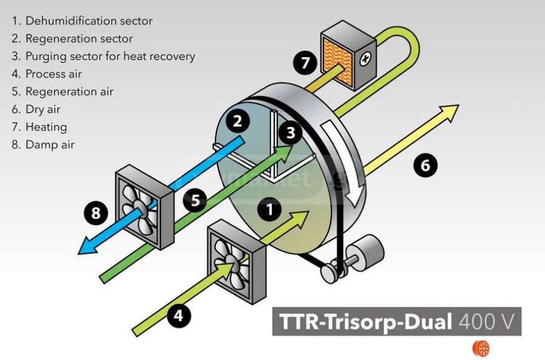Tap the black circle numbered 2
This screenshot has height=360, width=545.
[237, 121]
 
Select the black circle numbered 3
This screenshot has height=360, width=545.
[291, 132]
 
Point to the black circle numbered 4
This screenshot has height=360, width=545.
[178, 315]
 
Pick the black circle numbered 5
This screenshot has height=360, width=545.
[195, 201]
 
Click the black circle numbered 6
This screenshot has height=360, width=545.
[426, 165]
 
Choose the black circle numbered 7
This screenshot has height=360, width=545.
[306, 62]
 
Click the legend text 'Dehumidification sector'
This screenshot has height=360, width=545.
[88, 21]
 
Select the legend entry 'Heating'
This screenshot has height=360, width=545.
[46, 127]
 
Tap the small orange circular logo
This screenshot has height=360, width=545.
[480, 348]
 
